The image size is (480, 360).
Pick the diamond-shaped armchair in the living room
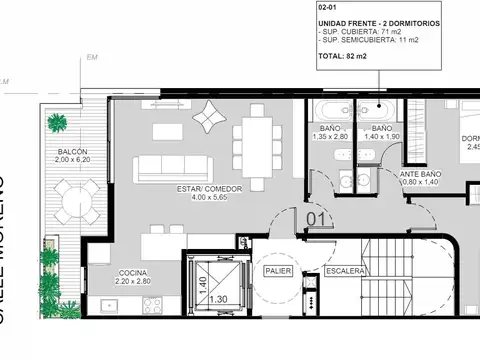point(209,117)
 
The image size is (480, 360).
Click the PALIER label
point(276,271)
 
